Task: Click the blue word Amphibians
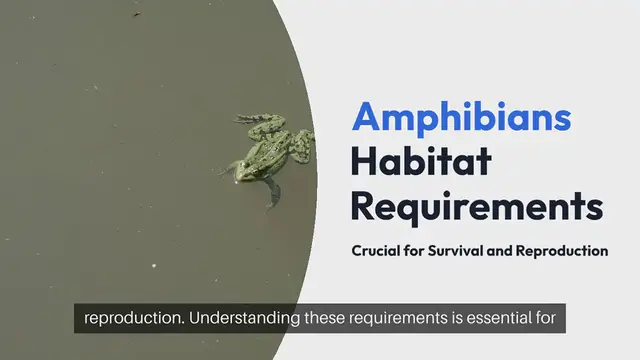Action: [461, 118]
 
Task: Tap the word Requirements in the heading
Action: [477, 206]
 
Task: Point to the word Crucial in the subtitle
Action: [376, 251]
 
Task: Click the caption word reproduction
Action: [133, 320]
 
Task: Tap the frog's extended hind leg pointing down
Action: [272, 193]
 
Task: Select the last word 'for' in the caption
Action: [554, 320]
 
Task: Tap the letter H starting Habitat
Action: [362, 162]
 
